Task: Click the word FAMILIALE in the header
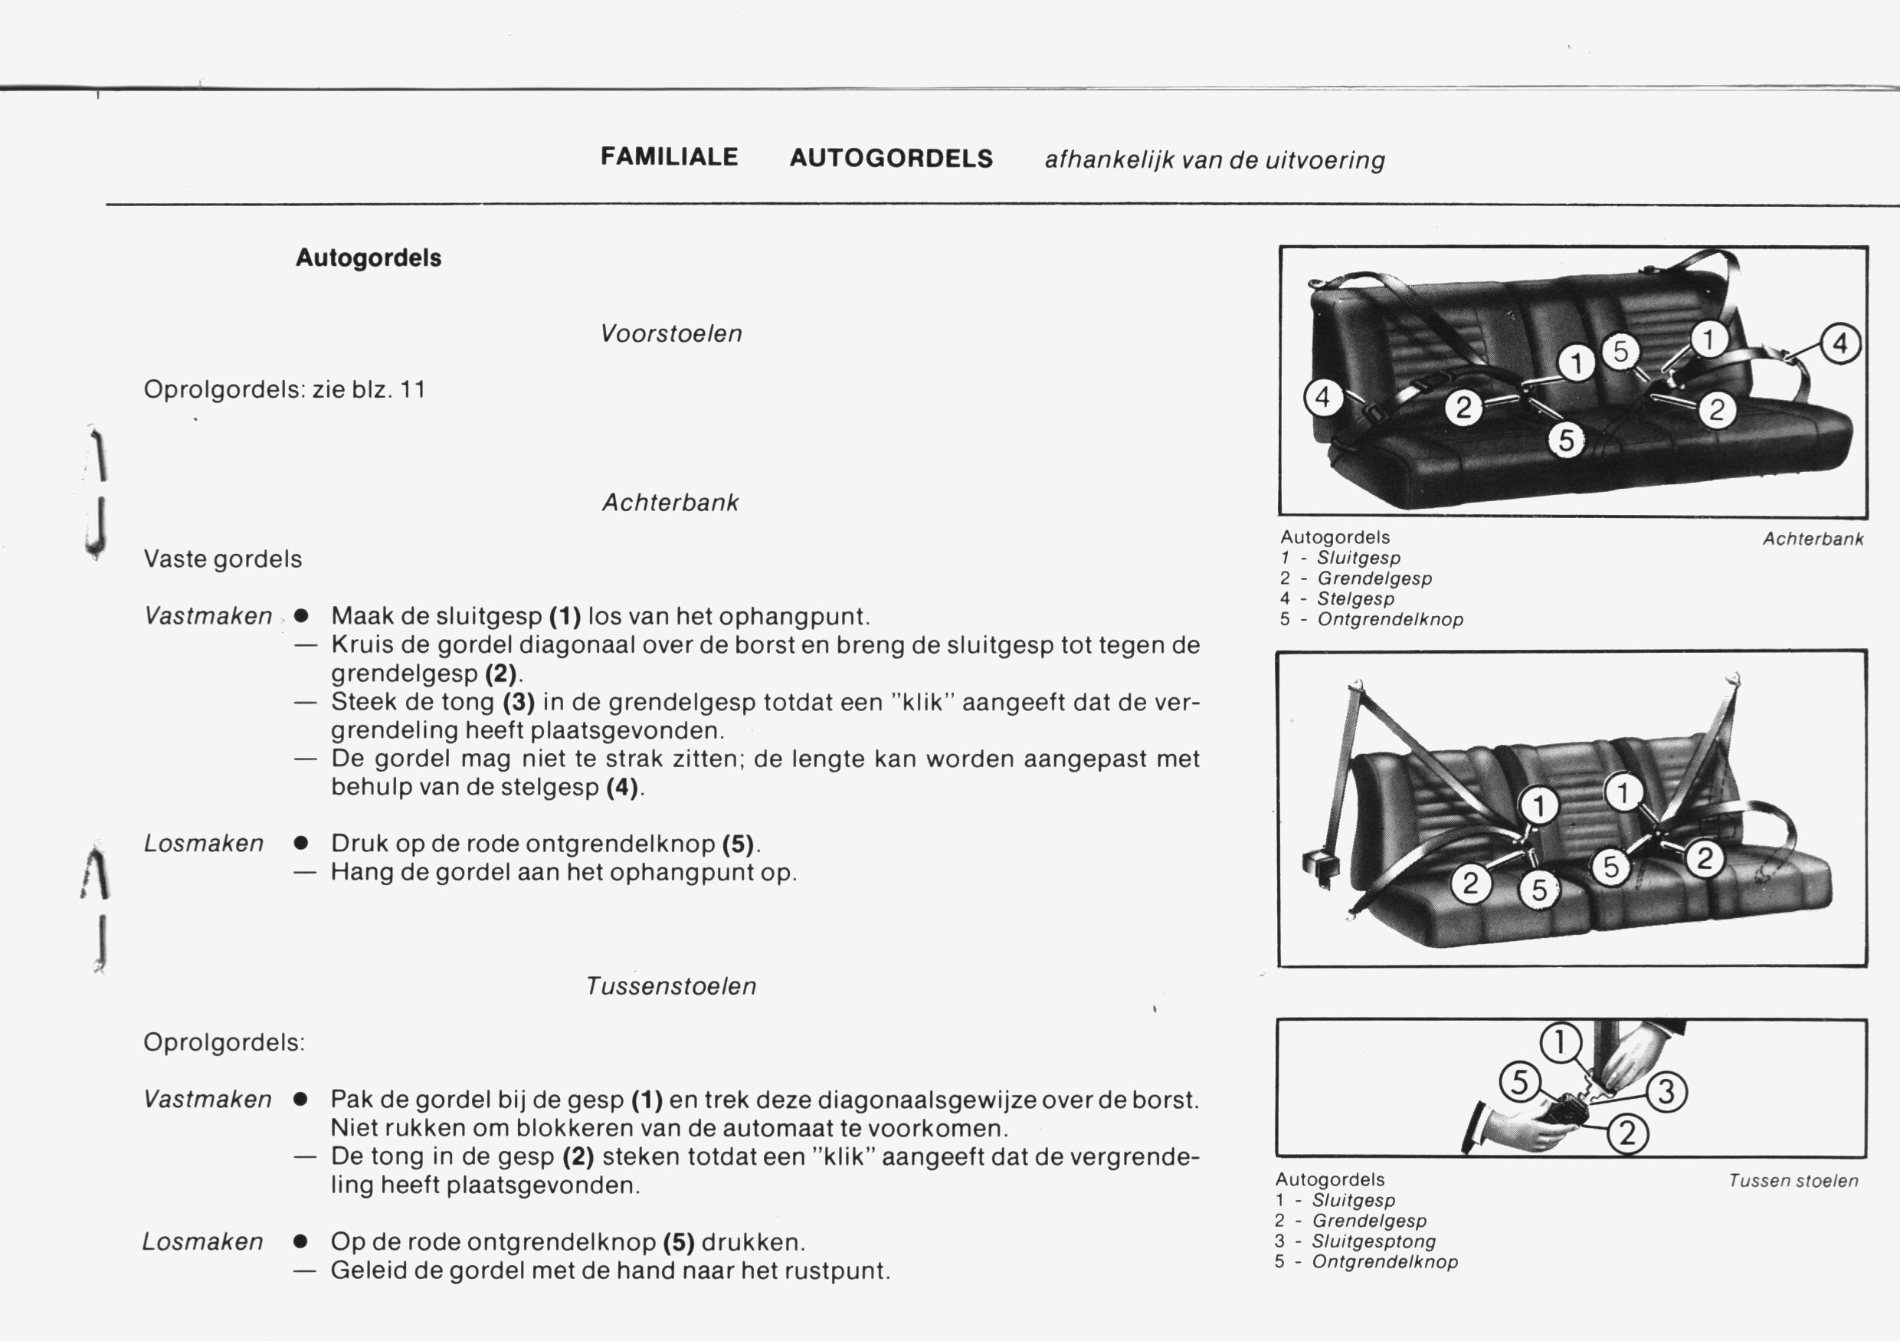[669, 157]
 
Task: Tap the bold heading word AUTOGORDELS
[891, 158]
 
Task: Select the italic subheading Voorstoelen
[671, 333]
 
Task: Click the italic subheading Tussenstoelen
[671, 986]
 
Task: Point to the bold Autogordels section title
[369, 257]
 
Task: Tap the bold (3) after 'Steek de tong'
[519, 702]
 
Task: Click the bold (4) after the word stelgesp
[622, 786]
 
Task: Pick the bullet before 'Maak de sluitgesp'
[302, 617]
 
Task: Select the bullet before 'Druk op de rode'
[302, 844]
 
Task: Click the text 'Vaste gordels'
[223, 559]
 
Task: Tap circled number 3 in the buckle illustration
[1666, 1092]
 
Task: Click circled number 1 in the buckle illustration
[1560, 1042]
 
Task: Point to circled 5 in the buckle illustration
[1519, 1083]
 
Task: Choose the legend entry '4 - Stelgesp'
[1338, 598]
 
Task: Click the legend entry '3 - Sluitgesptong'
[1355, 1241]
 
